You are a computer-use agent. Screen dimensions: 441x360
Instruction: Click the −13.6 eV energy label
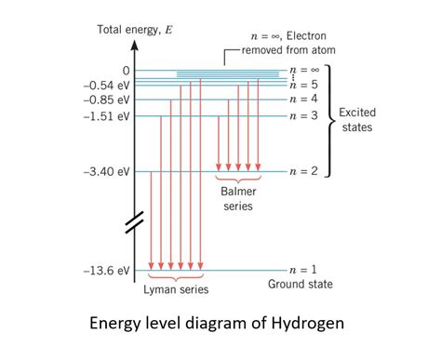107,271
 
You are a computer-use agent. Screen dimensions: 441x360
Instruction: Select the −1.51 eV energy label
107,116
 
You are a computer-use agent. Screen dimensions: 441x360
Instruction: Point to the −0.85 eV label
107,99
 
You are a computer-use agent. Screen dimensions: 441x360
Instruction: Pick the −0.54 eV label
107,85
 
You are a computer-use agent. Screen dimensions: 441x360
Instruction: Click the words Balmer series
237,199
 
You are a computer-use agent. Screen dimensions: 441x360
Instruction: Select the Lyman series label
176,290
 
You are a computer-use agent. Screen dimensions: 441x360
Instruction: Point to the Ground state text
300,284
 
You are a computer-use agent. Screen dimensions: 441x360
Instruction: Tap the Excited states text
358,118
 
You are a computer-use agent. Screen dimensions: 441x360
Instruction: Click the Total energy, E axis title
136,31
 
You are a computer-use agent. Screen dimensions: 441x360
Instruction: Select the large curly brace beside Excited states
327,120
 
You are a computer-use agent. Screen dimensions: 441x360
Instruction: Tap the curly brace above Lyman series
176,276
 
